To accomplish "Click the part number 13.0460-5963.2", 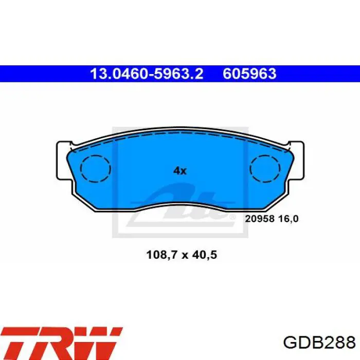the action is pos(147,74).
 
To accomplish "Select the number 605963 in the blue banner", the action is pos(249,74).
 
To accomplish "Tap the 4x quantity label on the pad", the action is pos(180,171).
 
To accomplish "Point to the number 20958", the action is pos(259,219).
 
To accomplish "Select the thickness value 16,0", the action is pos(289,219).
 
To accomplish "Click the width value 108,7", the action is pos(161,255).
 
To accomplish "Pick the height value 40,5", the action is pos(205,255).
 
